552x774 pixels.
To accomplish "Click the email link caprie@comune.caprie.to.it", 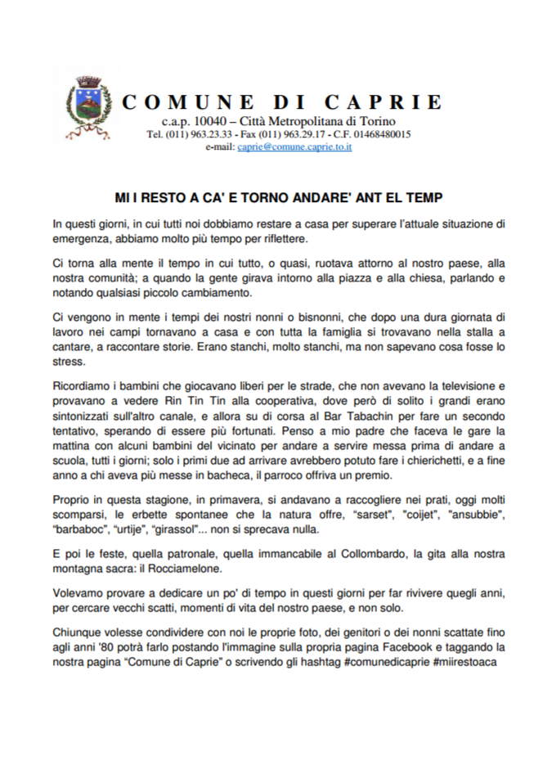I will pos(294,146).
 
